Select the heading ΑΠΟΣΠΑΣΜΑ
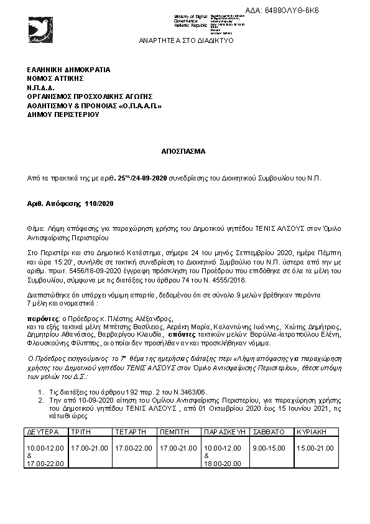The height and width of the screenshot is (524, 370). [x=185, y=151]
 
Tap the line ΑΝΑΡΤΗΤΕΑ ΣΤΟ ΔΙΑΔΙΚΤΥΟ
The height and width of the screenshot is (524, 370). [x=186, y=40]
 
